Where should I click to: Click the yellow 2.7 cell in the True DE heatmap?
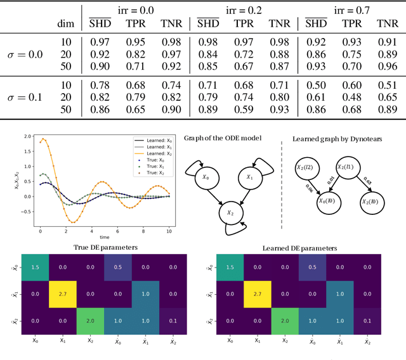pos(62,295)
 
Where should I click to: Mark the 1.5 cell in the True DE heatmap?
pos(34,267)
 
